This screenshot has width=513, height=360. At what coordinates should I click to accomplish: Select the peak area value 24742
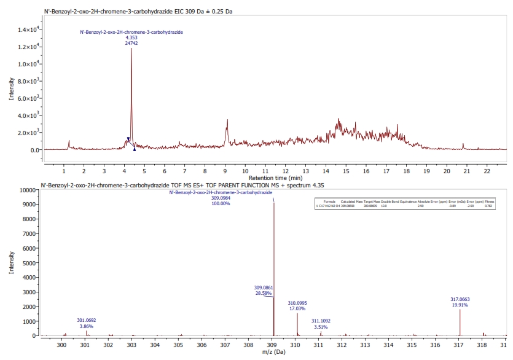pos(131,42)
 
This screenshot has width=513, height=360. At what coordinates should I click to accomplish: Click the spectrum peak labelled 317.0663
pos(460,319)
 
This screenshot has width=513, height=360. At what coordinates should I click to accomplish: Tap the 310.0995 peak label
pos(297,303)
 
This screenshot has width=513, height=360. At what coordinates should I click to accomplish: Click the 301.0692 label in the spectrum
pos(86,320)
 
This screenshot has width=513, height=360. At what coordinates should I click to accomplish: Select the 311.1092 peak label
pos(321,321)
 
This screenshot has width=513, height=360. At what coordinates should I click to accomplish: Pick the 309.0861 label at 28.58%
pos(264,287)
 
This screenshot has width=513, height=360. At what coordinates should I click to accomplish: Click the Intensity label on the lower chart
pos(12,264)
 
